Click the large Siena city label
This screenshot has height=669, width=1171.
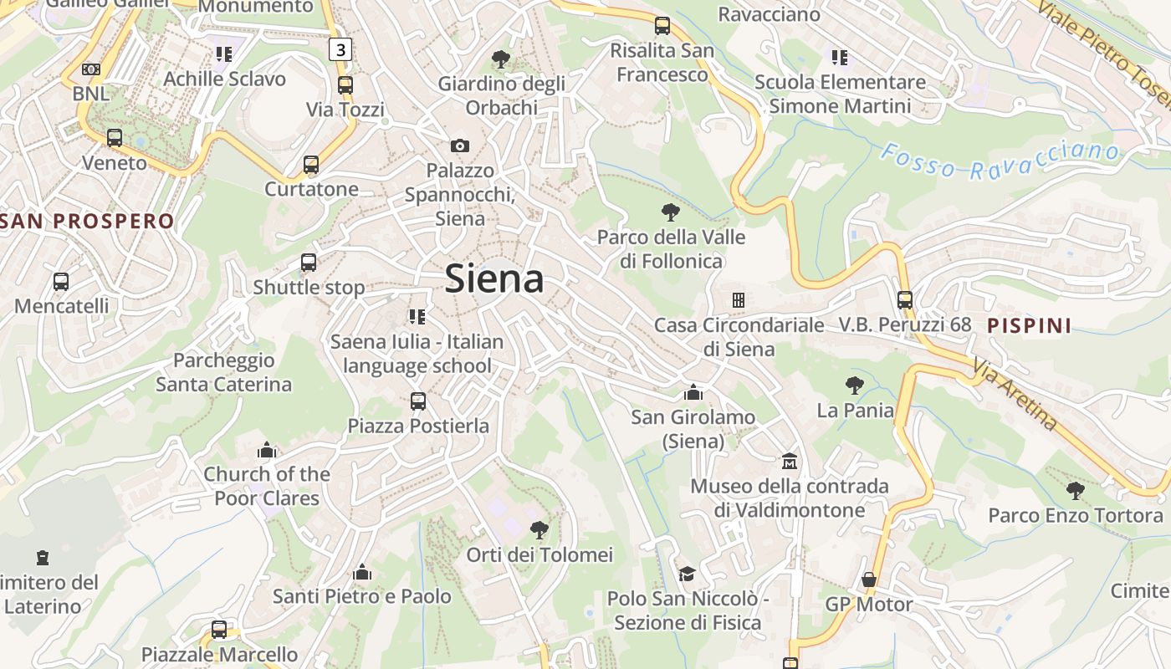494,278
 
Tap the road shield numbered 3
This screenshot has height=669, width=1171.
339,49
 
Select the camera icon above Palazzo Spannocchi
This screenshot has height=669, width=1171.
459,146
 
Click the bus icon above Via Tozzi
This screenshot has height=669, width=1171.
345,84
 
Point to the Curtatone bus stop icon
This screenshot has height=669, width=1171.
311,164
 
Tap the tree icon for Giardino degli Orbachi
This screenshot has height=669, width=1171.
501,59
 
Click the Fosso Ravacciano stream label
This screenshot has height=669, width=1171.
1000,161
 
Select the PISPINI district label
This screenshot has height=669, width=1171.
1029,325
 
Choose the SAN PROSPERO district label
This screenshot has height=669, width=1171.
88,222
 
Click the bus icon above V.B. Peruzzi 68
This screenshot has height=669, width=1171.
904,299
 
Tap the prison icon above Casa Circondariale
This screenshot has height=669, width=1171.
738,299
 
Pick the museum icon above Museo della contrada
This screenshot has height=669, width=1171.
789,461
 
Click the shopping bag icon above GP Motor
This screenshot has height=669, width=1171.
869,580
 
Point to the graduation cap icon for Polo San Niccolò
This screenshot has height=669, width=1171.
687,574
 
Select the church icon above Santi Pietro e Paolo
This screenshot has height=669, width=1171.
362,572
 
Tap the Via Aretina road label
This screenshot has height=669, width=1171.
1015,395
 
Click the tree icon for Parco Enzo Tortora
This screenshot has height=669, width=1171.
1076,490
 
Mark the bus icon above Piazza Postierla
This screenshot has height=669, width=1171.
418,401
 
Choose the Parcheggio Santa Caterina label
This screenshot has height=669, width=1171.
223,372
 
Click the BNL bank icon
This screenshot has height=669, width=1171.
91,69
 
